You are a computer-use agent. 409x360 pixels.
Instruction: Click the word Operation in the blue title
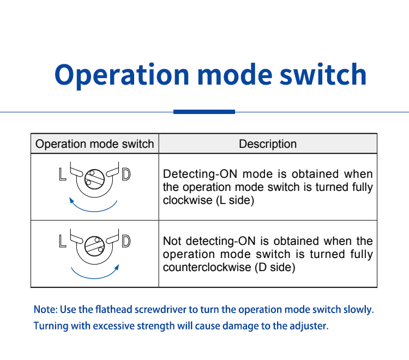122,76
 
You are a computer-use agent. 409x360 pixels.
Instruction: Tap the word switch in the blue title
323,74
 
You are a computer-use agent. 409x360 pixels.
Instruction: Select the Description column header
268,144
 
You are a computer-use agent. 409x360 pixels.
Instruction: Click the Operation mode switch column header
95,144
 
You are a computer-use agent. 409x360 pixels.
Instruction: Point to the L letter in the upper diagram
62,174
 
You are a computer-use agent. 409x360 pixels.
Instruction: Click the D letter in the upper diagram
127,174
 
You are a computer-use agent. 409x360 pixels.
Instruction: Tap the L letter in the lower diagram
62,241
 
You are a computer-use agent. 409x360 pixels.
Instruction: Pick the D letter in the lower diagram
127,241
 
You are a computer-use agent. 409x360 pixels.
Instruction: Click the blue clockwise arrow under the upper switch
94,211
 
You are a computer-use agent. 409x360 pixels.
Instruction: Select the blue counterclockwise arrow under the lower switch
94,278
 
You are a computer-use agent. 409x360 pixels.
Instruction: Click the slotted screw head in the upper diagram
94,179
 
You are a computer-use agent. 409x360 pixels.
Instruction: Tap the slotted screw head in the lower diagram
94,246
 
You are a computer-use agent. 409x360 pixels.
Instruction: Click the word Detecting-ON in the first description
200,174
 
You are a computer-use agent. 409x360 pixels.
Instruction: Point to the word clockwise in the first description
188,200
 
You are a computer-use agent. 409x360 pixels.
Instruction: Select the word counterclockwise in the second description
207,267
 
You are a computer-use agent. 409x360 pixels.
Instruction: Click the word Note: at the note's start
45,310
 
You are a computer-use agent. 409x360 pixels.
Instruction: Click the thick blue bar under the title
204,112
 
